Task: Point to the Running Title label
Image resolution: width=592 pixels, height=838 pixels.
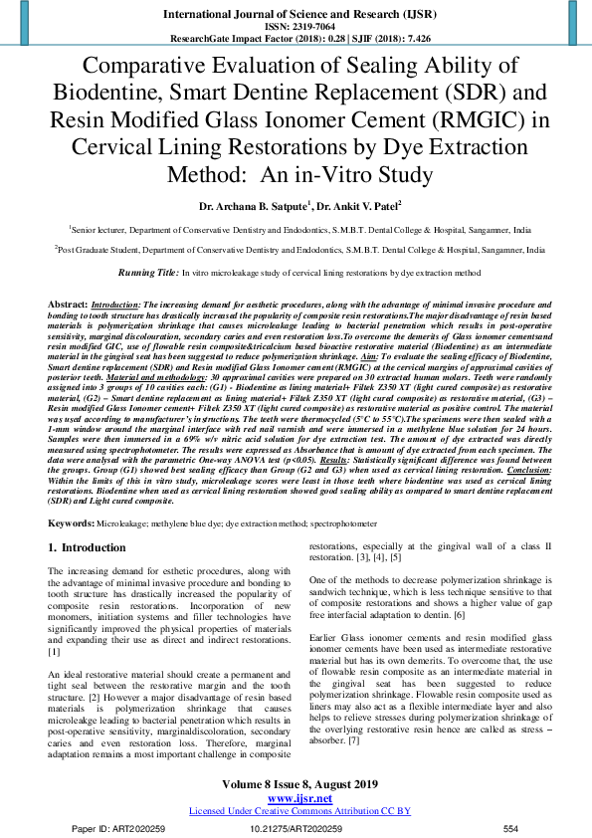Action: tap(148, 272)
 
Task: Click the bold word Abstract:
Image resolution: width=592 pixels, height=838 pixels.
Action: tap(68, 302)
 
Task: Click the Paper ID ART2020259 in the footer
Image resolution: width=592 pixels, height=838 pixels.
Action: tap(109, 828)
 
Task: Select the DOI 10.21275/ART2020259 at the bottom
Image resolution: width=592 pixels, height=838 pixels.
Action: tap(296, 828)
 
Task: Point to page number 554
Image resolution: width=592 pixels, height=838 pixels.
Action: tap(510, 828)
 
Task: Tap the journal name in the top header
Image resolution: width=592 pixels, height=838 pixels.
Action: tap(296, 14)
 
